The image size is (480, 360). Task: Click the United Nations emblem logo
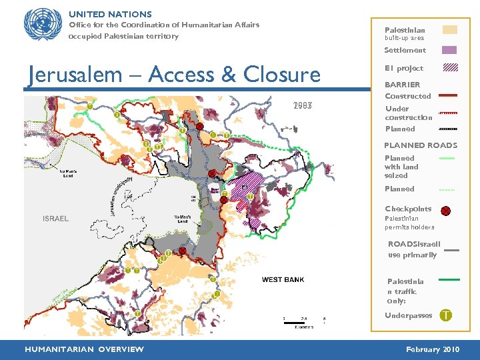click(42, 25)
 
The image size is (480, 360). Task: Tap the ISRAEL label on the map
click(55, 219)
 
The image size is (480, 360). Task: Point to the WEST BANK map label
click(283, 280)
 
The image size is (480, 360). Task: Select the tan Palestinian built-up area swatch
click(450, 30)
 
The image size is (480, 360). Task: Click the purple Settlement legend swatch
click(450, 50)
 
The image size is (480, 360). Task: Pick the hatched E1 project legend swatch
click(450, 67)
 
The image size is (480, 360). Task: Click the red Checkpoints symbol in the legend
click(445, 211)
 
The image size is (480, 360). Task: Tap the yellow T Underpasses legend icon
click(445, 315)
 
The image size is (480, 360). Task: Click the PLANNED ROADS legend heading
click(421, 145)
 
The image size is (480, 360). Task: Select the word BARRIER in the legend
click(402, 85)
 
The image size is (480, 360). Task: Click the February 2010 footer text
click(433, 349)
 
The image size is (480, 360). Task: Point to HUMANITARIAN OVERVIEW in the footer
click(84, 349)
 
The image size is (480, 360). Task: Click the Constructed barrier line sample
click(448, 96)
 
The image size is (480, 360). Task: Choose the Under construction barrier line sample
click(448, 113)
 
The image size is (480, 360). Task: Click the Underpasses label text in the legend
click(408, 315)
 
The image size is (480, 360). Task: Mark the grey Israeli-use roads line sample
click(451, 250)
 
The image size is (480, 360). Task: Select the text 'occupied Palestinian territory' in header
click(124, 36)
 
